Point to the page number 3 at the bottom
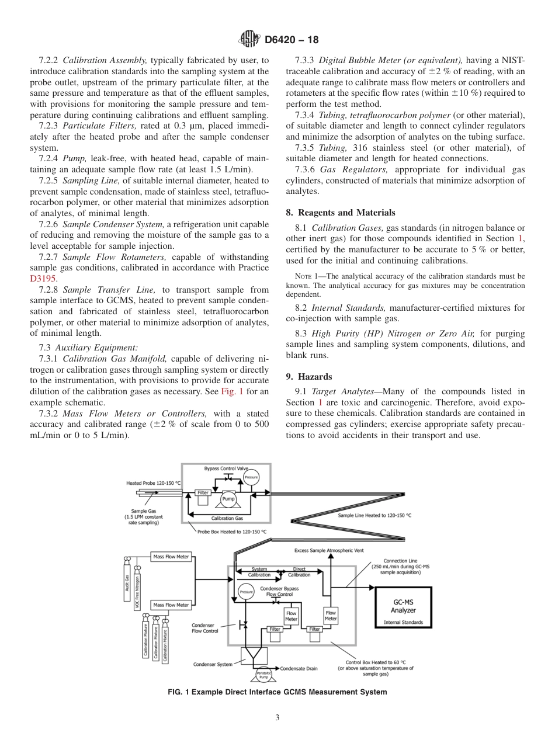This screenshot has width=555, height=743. click(277, 717)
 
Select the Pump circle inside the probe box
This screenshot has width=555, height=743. click(228, 499)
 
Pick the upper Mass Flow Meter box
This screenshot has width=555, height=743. click(171, 557)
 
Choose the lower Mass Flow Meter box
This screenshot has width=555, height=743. click(171, 605)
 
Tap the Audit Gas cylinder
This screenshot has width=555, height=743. click(127, 584)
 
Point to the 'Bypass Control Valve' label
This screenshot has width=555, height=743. click(226, 469)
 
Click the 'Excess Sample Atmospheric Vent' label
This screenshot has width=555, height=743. click(331, 551)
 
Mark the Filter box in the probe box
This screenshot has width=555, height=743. click(203, 492)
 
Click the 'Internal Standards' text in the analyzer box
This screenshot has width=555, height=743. click(403, 622)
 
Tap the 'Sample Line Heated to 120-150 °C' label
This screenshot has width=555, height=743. click(374, 515)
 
